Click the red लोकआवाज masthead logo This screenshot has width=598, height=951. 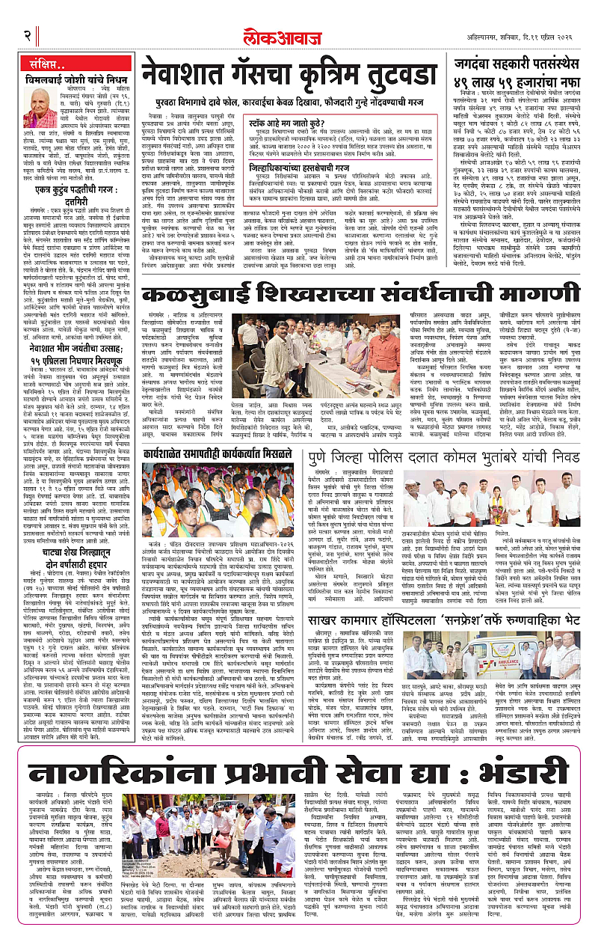298,34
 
